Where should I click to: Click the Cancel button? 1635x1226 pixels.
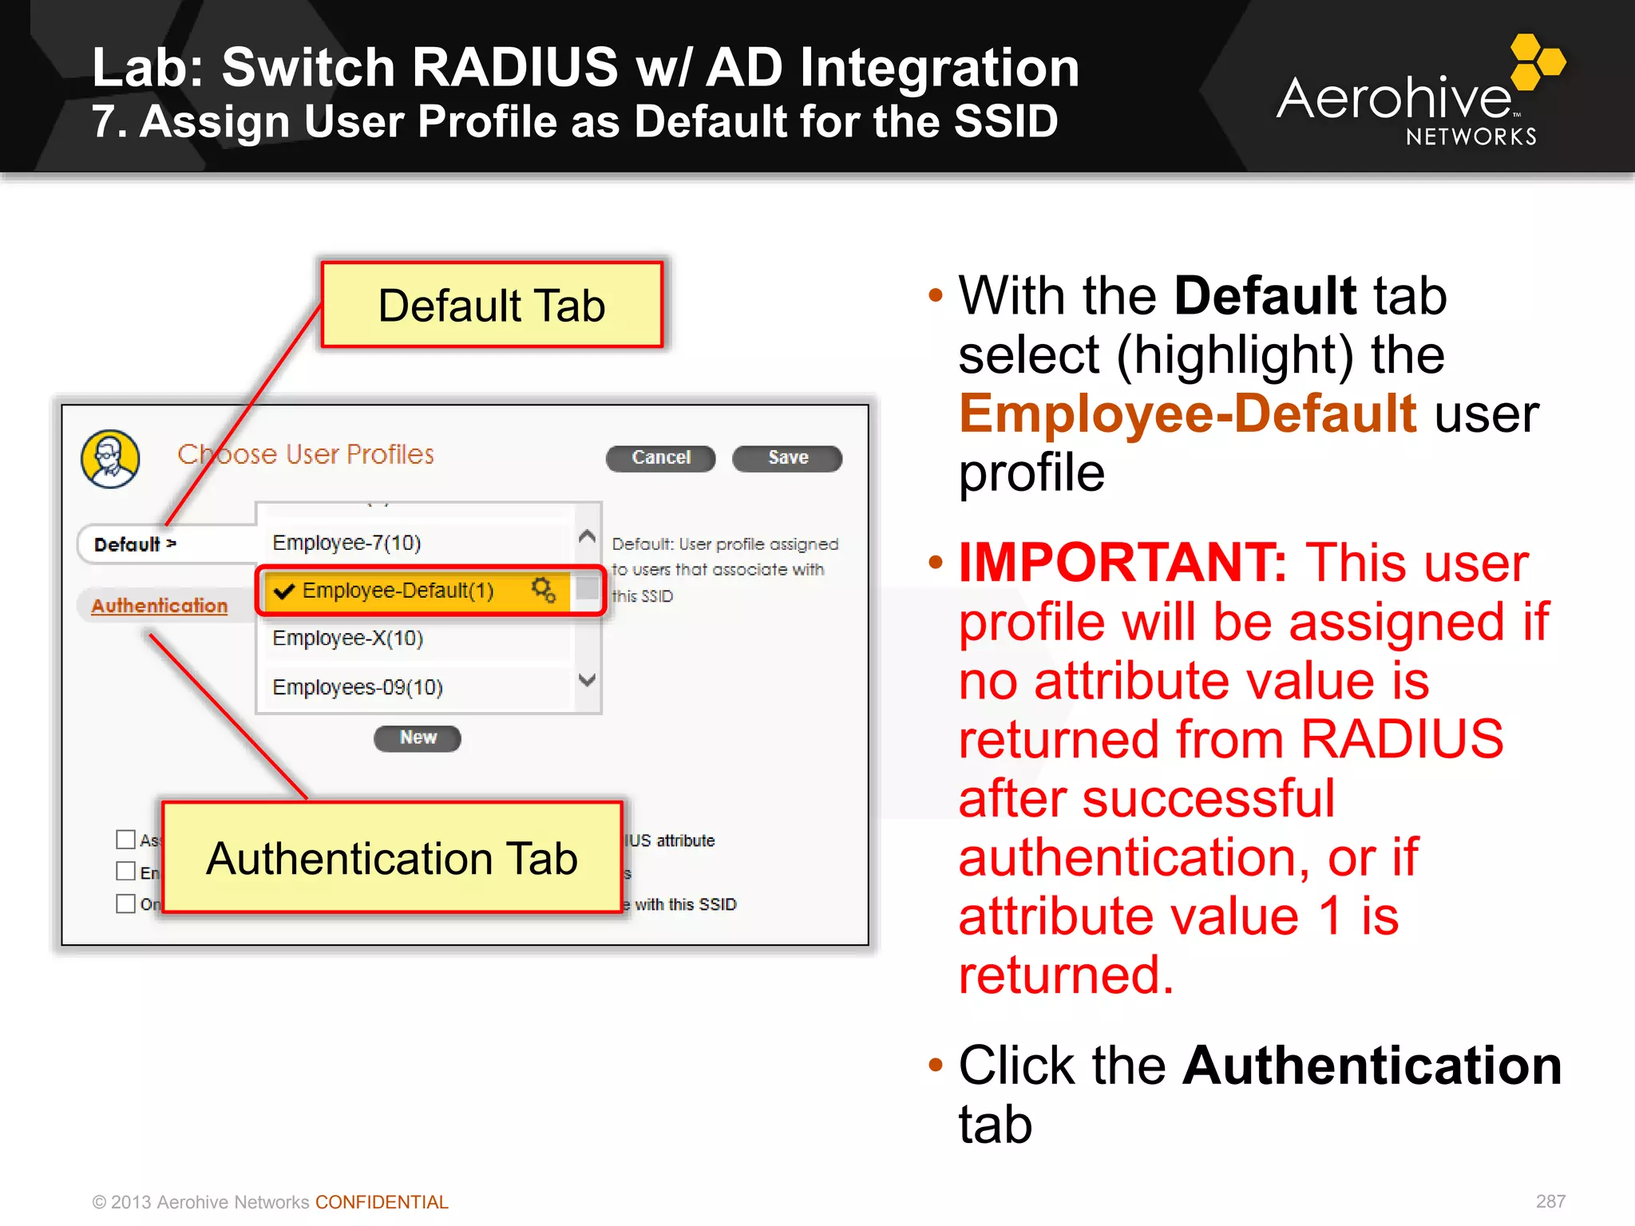pos(660,458)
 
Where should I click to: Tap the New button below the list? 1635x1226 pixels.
pos(418,738)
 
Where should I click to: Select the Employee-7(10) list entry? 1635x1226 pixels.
pos(346,543)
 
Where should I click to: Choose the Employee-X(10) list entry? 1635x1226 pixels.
pos(347,639)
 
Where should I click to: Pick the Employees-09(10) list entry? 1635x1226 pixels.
pos(357,687)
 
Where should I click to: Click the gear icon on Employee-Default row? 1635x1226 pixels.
pos(544,591)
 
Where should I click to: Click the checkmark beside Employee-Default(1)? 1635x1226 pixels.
pos(283,591)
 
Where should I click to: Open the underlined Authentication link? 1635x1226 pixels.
pos(159,606)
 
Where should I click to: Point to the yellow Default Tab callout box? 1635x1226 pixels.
pos(492,305)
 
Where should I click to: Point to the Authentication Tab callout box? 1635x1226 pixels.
pos(391,858)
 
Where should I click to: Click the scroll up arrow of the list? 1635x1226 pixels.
pos(587,536)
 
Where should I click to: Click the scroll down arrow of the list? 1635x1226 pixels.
pos(587,680)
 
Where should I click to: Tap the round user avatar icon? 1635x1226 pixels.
pos(110,459)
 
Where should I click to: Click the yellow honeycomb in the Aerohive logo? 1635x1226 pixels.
pos(1537,61)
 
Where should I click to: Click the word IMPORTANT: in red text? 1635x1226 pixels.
pos(1122,563)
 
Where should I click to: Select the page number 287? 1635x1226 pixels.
pos(1550,1201)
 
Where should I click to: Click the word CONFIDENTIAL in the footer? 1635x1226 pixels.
pos(382,1202)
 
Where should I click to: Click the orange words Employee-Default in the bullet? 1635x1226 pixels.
pos(1187,413)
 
